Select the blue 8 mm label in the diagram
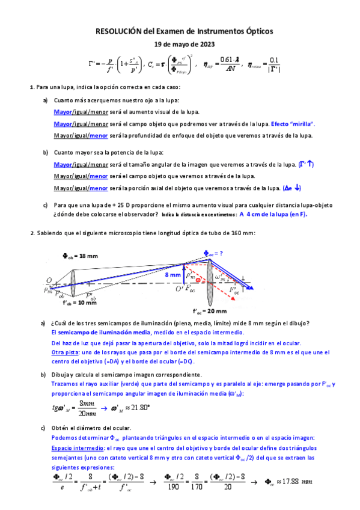pyautogui.click(x=174, y=275)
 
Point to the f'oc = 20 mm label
pyautogui.click(x=210, y=311)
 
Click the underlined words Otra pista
pyautogui.click(x=65, y=352)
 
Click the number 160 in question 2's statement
pyautogui.click(x=231, y=233)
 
